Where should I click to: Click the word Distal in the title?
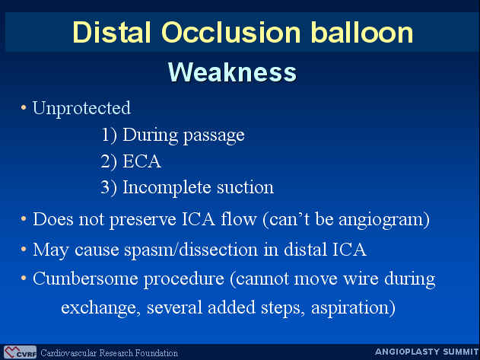click(112, 32)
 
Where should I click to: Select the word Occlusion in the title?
click(230, 32)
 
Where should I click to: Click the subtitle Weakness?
click(232, 72)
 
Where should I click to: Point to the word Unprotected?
click(81, 109)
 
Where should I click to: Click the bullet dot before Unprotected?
click(24, 107)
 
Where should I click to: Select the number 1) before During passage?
click(109, 135)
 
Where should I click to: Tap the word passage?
click(214, 136)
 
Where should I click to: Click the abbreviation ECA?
click(141, 161)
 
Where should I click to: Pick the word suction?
click(245, 187)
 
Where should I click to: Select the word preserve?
click(143, 220)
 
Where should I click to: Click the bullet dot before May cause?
click(24, 250)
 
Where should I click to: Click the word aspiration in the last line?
click(353, 308)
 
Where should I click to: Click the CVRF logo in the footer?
click(21, 352)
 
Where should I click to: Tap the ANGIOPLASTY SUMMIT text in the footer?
click(427, 352)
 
